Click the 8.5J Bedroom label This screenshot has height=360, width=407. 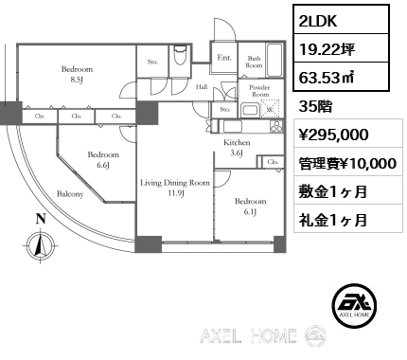pos(77,74)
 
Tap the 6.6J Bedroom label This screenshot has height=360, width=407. pos(103,159)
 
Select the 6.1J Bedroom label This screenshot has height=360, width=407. pos(250,207)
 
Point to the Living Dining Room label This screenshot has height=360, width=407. pos(175,188)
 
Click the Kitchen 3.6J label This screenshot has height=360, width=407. pos(237,148)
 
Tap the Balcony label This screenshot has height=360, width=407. pos(70,194)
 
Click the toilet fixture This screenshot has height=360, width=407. pos(180,56)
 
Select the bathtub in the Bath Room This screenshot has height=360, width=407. pos(274,60)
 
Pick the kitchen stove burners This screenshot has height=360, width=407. pos(276,126)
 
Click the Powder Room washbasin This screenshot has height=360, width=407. pos(250,111)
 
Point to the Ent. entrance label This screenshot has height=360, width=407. pos(224,58)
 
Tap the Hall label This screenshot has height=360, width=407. pos(202,86)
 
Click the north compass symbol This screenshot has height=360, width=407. pos(41,244)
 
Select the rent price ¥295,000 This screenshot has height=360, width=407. pos(333,135)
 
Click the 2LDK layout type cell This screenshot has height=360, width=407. pos(341,19)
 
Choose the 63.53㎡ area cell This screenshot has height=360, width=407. pos(341,77)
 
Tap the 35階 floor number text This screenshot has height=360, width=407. pos(315,107)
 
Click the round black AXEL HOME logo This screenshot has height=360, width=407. pos(354,305)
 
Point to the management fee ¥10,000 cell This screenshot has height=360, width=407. pos(348,163)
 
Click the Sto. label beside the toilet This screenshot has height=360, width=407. pos(152,62)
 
